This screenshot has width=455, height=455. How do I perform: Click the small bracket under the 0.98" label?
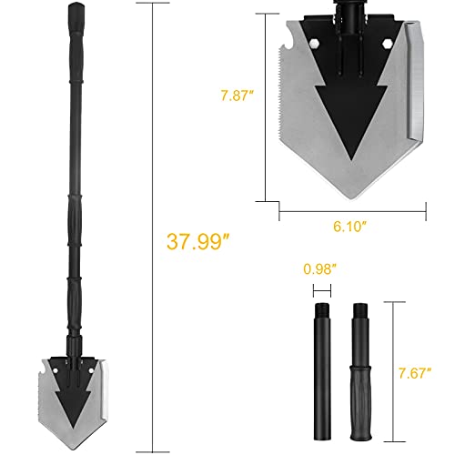click(319, 289)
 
